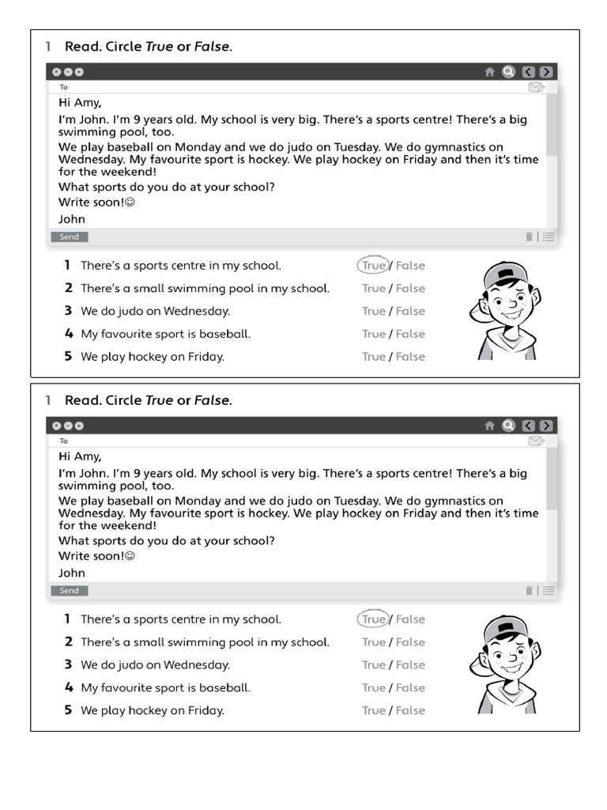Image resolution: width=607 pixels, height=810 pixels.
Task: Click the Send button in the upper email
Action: [70, 237]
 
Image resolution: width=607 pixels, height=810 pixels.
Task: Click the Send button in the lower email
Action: [70, 591]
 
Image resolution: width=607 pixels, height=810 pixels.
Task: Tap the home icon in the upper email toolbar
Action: [489, 72]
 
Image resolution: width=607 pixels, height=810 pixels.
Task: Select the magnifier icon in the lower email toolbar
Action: [509, 426]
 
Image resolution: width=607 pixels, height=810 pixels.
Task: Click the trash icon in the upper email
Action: [529, 237]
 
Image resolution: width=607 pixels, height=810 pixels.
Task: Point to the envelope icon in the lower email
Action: [537, 441]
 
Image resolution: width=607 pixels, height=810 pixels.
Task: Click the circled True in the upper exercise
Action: [373, 266]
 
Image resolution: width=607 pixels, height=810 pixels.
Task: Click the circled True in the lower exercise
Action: [373, 619]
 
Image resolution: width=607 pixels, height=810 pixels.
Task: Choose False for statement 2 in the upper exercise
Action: [410, 289]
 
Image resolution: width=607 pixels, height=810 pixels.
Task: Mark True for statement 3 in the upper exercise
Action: [374, 312]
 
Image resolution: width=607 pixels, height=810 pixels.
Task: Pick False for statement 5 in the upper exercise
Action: [410, 357]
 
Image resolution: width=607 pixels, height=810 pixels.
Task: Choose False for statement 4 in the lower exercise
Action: [410, 688]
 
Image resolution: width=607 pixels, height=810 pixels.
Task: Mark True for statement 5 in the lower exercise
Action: [374, 710]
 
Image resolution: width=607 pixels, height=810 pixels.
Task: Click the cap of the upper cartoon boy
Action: [504, 273]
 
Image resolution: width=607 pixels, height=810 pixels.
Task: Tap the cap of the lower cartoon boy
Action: [504, 626]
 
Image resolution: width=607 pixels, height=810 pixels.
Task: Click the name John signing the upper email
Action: [72, 219]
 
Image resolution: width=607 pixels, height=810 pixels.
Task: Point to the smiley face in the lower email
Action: [130, 556]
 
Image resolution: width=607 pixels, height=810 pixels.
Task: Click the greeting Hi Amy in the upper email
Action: [80, 102]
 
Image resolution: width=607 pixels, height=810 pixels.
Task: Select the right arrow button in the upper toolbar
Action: [545, 72]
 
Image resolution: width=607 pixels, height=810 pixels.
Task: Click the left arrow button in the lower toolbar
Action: [529, 426]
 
